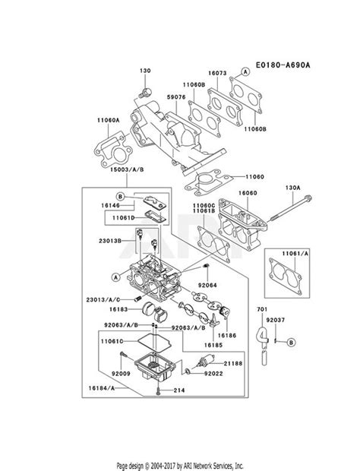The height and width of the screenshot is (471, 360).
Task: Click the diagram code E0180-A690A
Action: click(x=283, y=65)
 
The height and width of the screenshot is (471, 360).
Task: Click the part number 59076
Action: click(x=176, y=97)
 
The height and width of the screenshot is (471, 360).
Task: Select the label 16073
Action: click(x=217, y=73)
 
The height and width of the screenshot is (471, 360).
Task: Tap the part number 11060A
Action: click(x=108, y=120)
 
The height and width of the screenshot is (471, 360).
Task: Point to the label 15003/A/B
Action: click(x=127, y=169)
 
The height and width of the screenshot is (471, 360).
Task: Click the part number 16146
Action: click(x=110, y=205)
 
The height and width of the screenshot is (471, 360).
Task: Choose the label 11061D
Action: click(x=124, y=217)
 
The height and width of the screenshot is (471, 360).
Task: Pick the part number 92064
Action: click(x=207, y=285)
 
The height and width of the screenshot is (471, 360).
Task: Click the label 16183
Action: click(x=118, y=309)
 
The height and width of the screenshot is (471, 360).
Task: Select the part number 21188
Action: click(x=233, y=363)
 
